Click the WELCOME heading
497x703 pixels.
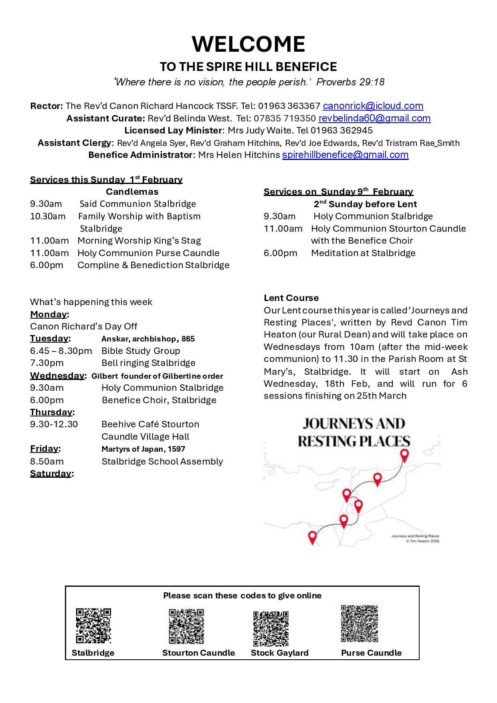pos(248,44)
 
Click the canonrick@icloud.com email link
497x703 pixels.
pos(373,106)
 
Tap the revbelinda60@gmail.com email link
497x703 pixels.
pos(374,118)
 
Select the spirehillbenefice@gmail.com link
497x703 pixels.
pos(345,155)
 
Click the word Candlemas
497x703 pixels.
pos(132,192)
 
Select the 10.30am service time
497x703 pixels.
pos(48,216)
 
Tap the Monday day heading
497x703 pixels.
pos(48,314)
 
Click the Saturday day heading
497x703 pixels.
pos(51,473)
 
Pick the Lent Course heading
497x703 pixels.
pos(291,298)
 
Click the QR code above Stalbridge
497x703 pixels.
pos(93,626)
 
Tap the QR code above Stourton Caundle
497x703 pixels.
pos(186,626)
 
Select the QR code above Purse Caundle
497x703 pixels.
pos(359,624)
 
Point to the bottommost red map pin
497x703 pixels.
pos(312,537)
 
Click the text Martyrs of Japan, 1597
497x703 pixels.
pos(143,449)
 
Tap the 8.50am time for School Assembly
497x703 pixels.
pos(47,461)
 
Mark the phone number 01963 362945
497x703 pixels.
pos(341,131)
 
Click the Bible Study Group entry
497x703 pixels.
pos(141,351)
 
